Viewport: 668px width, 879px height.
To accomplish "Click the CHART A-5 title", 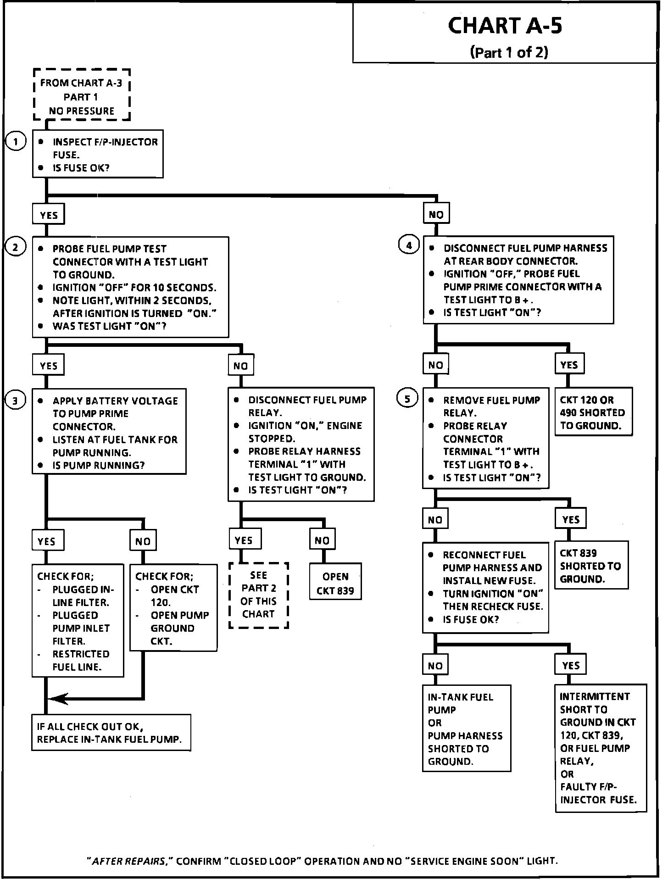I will [x=504, y=26].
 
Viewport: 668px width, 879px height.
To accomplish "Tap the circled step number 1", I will [x=16, y=142].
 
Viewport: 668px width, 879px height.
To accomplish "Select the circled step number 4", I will [x=408, y=246].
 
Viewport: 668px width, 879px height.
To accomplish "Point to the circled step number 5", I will [x=407, y=399].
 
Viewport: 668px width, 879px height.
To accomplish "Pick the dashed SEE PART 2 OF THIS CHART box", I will [x=259, y=595].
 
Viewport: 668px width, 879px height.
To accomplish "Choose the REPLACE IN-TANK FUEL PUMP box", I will [x=111, y=733].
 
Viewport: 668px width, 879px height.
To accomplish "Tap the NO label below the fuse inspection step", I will [x=436, y=214].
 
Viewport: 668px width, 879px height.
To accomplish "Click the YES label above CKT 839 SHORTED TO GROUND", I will [x=570, y=519].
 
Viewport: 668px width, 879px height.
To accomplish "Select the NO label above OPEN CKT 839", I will [x=322, y=540].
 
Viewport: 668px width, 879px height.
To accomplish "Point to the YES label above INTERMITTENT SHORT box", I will [x=570, y=665].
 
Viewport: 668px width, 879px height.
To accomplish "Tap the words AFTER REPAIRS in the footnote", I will [x=129, y=861].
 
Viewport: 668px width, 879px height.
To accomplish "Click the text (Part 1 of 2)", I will [x=509, y=52].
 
